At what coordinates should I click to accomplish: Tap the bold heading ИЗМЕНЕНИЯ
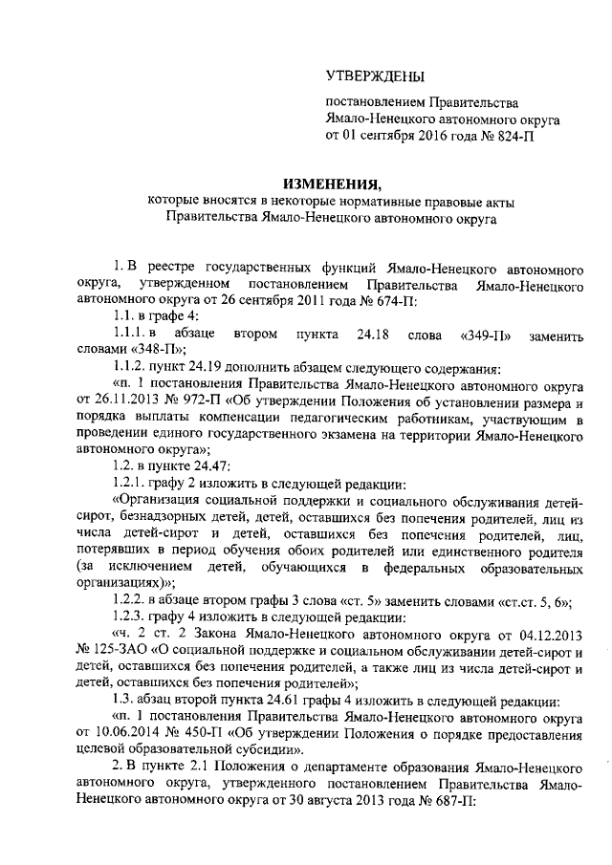pos(331,184)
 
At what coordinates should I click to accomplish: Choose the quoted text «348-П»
pos(148,352)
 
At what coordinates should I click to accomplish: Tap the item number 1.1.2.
pos(132,369)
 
